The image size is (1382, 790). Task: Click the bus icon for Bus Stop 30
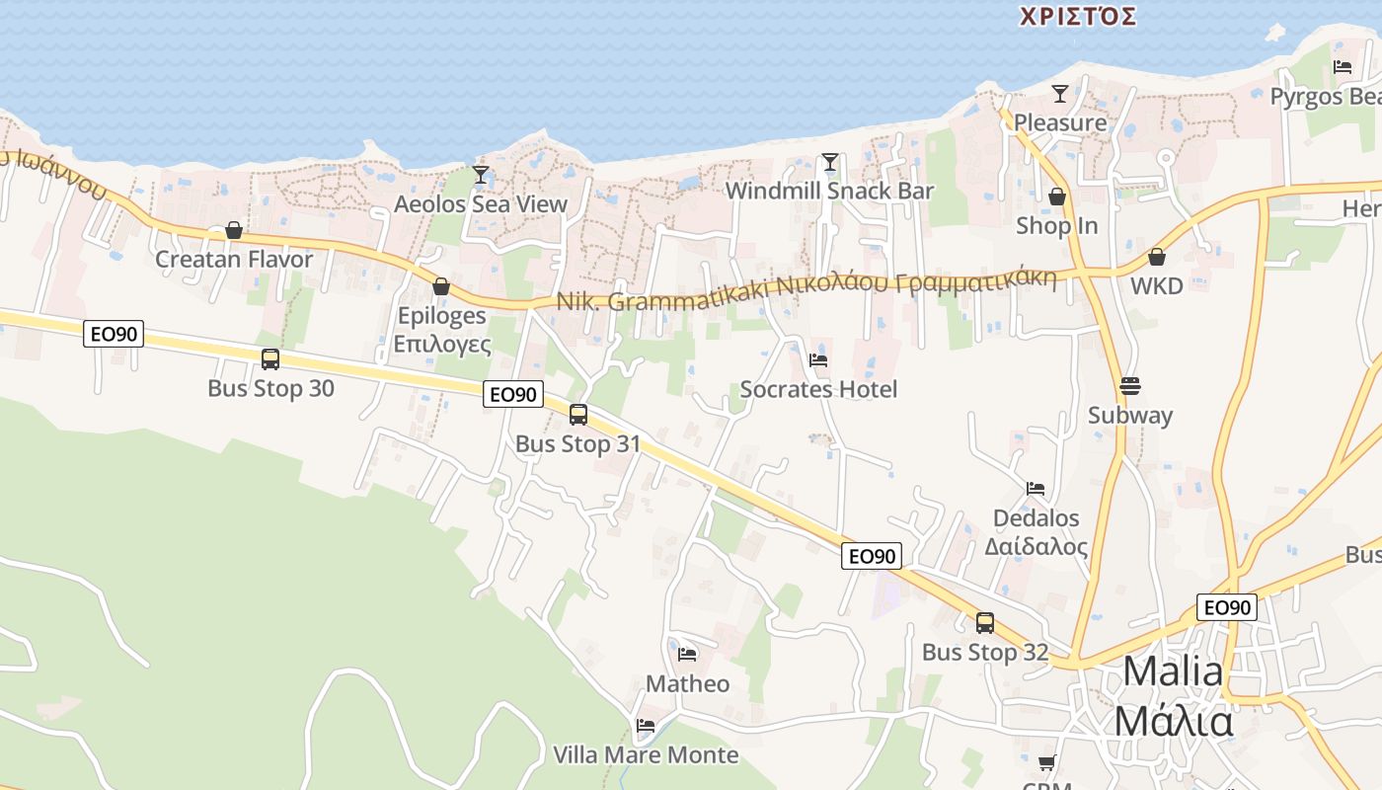tap(270, 359)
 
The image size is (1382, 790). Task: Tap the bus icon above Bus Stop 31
tap(578, 415)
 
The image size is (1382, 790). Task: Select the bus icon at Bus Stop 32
tap(985, 623)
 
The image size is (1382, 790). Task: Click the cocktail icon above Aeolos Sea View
tap(481, 176)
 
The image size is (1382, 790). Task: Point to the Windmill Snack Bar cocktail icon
tap(830, 162)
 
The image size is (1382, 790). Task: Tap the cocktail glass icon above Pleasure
tap(1060, 94)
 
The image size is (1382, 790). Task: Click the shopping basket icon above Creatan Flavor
tap(234, 231)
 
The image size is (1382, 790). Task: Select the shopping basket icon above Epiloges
tap(441, 286)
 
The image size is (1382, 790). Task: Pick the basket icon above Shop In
tap(1057, 197)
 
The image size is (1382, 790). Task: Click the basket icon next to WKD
tap(1157, 258)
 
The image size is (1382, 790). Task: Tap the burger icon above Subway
tap(1130, 385)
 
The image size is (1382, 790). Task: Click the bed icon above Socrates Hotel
tap(818, 360)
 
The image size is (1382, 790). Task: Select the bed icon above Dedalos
tap(1036, 489)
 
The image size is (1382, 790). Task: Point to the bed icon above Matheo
tap(688, 654)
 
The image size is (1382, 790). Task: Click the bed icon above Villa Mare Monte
tap(646, 726)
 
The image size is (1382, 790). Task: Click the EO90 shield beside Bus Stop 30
tap(114, 334)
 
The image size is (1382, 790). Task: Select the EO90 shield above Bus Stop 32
tap(872, 556)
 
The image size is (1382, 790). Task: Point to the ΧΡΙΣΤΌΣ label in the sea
tap(1078, 17)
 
